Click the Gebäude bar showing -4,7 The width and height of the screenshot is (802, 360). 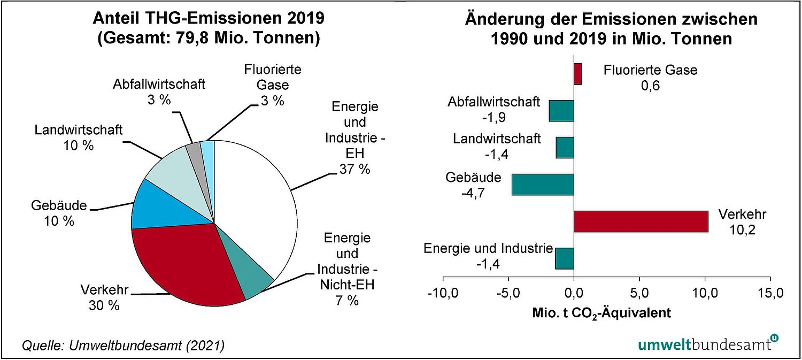pyautogui.click(x=543, y=185)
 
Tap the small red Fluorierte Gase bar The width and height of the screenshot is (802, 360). pyautogui.click(x=577, y=74)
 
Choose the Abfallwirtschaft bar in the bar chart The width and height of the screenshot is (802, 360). pyautogui.click(x=561, y=111)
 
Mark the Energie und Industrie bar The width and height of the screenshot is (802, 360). pyautogui.click(x=564, y=258)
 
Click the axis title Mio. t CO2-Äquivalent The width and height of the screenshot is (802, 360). pyautogui.click(x=601, y=313)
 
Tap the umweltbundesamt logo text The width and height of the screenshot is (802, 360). pyautogui.click(x=705, y=343)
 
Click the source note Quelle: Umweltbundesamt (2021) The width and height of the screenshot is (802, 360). pyautogui.click(x=123, y=346)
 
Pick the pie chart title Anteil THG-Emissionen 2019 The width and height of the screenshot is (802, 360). pyautogui.click(x=209, y=19)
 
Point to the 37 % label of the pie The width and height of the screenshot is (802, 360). pyautogui.click(x=354, y=170)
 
